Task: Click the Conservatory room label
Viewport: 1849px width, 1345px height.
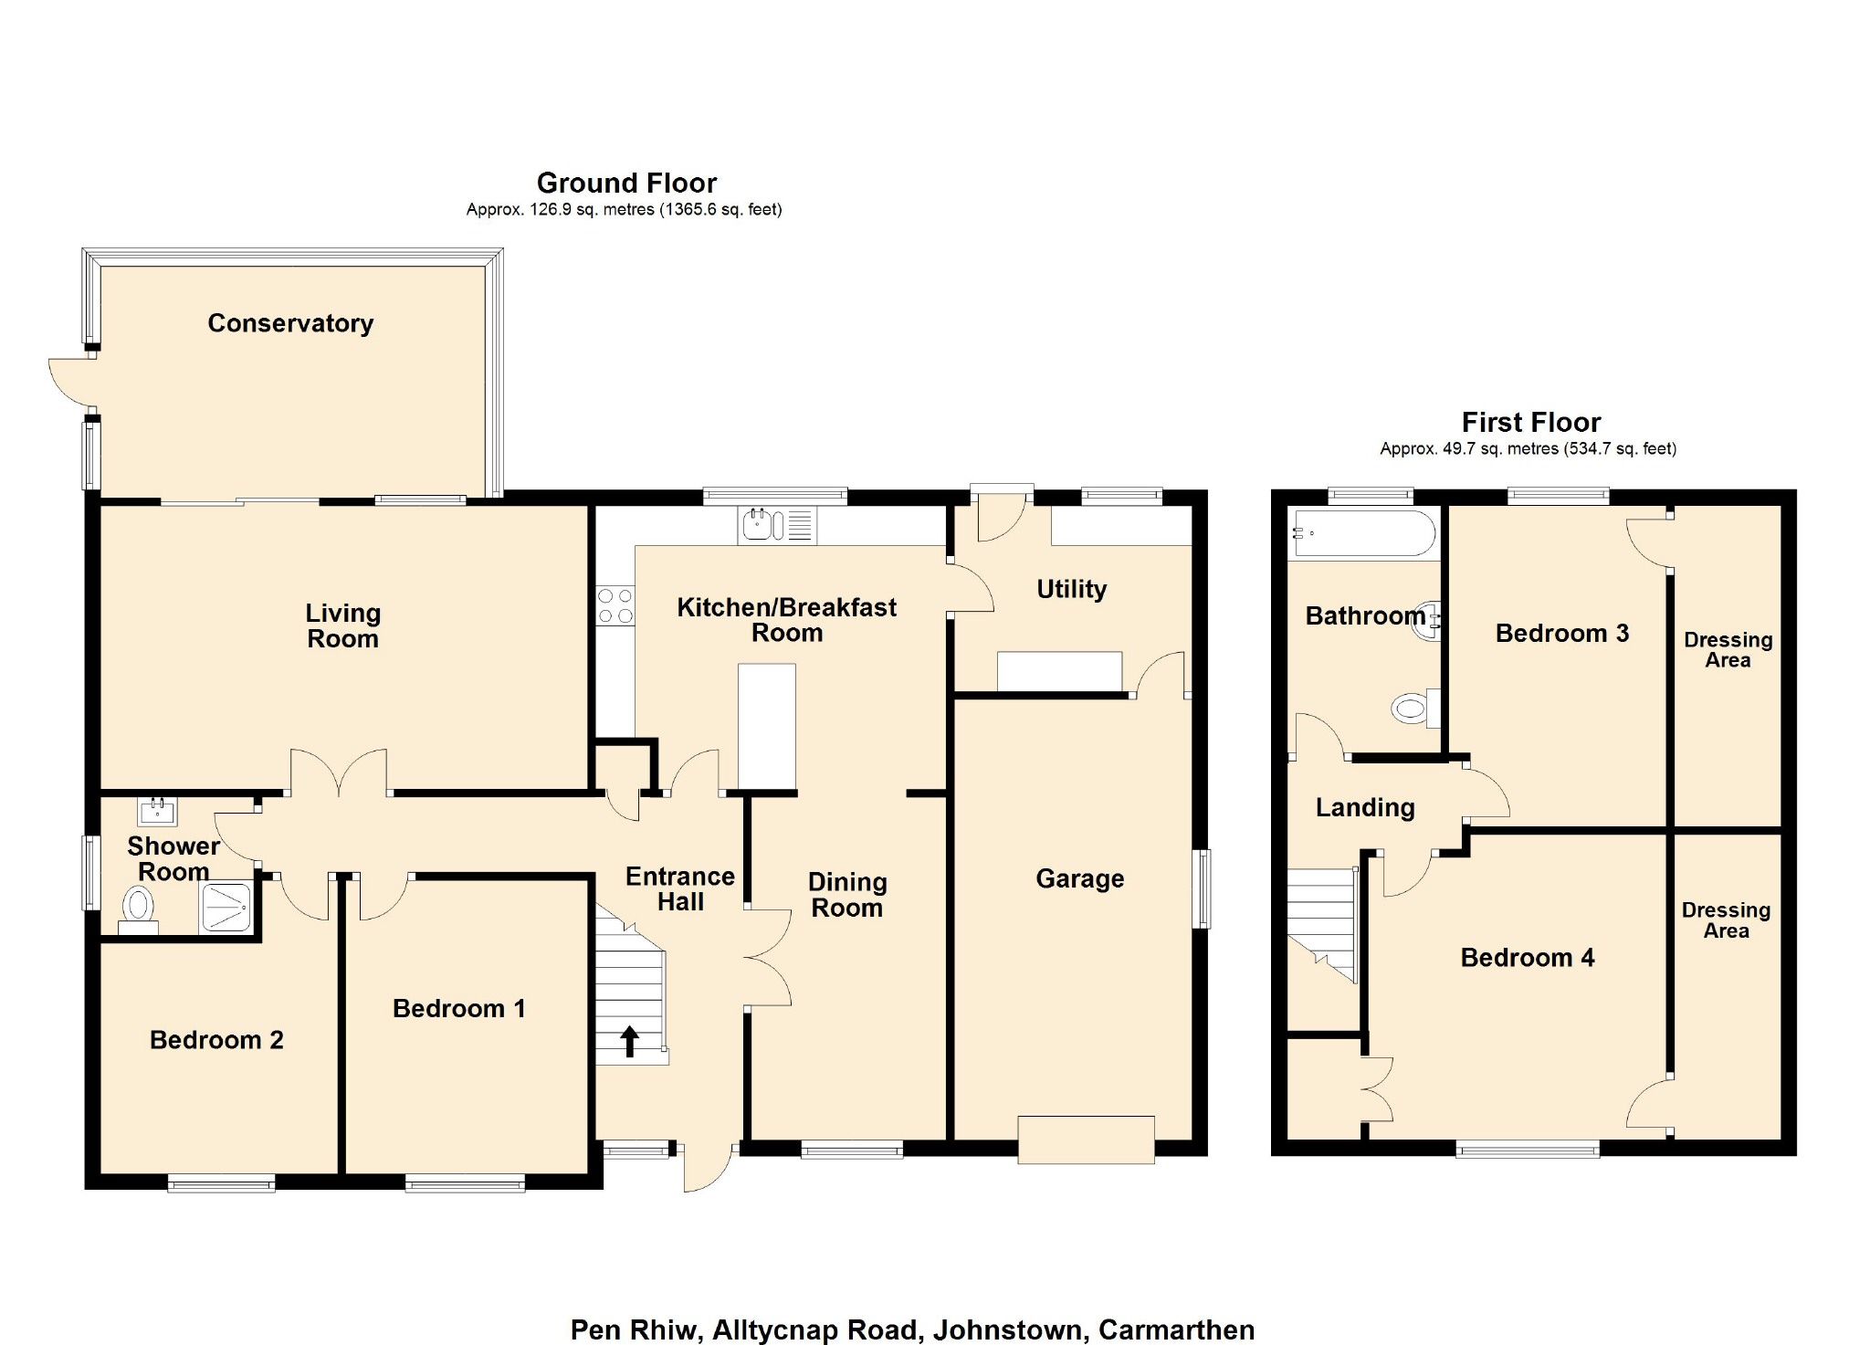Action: click(x=290, y=323)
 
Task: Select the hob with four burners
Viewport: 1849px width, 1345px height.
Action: click(x=615, y=605)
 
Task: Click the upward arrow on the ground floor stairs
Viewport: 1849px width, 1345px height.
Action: click(x=629, y=1040)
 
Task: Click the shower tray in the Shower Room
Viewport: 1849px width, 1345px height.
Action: click(x=226, y=907)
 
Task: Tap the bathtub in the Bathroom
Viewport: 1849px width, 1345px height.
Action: click(x=1362, y=533)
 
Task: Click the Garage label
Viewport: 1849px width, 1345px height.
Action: click(x=1079, y=878)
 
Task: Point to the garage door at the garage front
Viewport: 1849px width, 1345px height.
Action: click(x=1086, y=1139)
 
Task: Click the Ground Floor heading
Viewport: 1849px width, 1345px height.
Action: click(x=626, y=183)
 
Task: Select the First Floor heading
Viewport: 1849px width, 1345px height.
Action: click(x=1530, y=422)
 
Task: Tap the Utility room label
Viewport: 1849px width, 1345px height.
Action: click(x=1071, y=589)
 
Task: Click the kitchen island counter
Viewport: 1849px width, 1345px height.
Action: click(x=766, y=725)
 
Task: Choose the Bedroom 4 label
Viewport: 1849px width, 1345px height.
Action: click(x=1527, y=957)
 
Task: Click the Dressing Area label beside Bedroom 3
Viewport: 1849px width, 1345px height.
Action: click(x=1728, y=649)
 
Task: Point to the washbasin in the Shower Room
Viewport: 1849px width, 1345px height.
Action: click(x=157, y=810)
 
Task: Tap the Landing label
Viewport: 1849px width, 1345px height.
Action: click(x=1364, y=807)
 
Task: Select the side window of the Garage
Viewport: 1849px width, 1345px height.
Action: click(x=1204, y=888)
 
